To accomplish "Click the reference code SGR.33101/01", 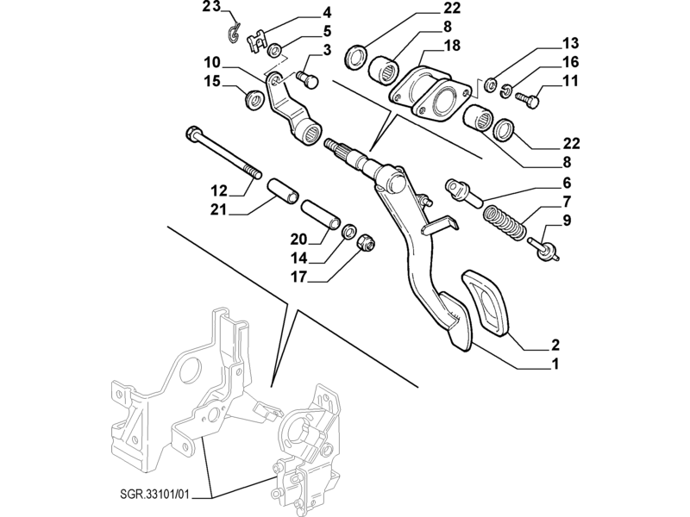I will tap(167, 495).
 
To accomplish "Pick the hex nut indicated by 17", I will tap(367, 243).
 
